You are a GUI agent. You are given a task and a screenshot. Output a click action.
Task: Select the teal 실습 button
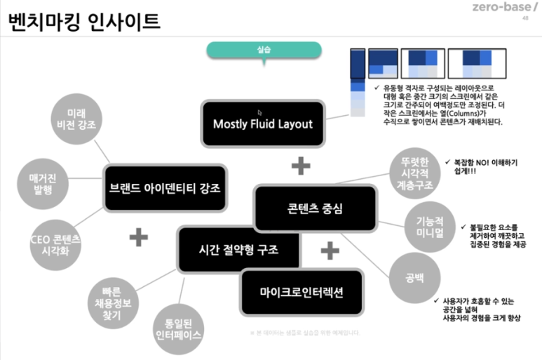point(264,49)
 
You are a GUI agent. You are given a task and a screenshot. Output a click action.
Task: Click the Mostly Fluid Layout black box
point(262,124)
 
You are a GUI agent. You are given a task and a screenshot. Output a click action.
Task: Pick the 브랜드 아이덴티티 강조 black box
point(165,188)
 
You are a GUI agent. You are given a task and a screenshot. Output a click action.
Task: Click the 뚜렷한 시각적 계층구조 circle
point(414,173)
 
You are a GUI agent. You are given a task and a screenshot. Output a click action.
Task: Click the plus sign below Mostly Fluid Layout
point(300,166)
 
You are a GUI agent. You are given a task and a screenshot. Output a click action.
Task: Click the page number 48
point(525,19)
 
